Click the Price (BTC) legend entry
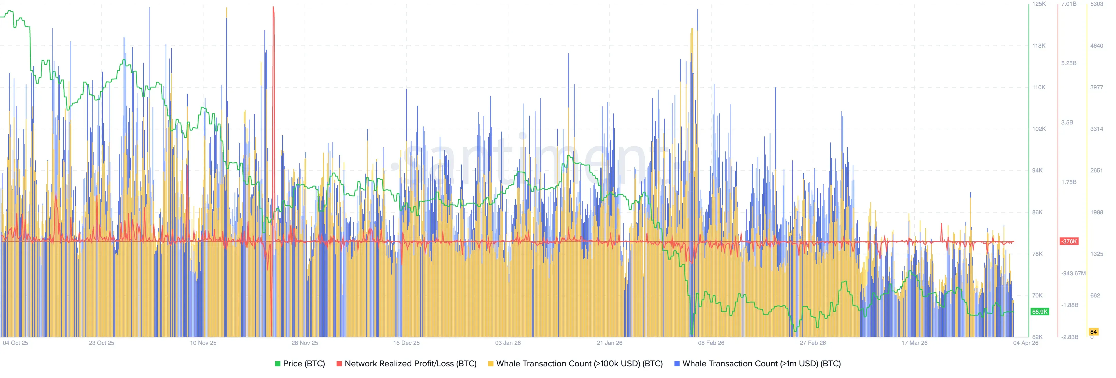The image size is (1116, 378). [300, 364]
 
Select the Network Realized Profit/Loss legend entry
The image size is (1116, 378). [406, 364]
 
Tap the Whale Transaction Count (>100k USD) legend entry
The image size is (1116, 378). [575, 364]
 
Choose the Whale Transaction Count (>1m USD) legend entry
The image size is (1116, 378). [757, 364]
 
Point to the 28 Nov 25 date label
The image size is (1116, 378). [305, 343]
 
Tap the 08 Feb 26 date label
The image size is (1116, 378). [711, 343]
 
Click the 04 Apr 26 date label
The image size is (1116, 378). [1025, 343]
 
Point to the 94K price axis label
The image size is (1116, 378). [1037, 170]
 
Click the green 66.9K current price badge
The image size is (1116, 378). [1040, 312]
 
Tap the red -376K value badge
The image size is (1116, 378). [1069, 241]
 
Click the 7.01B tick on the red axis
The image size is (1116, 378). [1069, 4]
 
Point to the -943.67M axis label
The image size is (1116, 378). [1073, 274]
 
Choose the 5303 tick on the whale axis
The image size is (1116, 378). [1097, 4]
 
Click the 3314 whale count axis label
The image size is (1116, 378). [1097, 129]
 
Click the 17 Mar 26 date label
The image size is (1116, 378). [914, 343]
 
